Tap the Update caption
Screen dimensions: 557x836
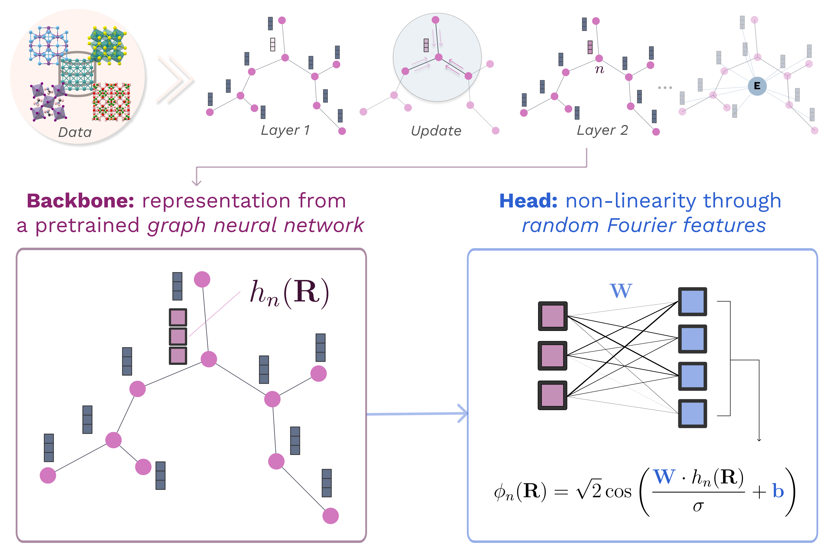pyautogui.click(x=436, y=131)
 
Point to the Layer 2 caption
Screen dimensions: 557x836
pyautogui.click(x=602, y=130)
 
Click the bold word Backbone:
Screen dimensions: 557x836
pyautogui.click(x=80, y=201)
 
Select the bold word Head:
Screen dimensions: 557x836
pyautogui.click(x=528, y=201)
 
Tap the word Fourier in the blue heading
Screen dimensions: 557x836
pyautogui.click(x=642, y=226)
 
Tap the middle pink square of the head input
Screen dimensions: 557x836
pyautogui.click(x=553, y=356)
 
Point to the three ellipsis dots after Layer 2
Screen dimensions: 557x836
pyautogui.click(x=665, y=87)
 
